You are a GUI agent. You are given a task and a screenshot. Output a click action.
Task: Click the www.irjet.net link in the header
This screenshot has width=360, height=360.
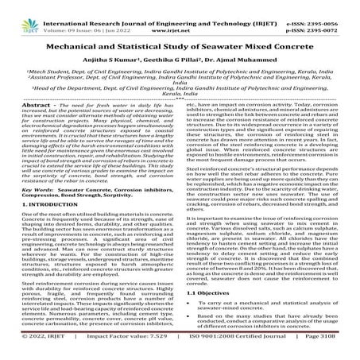pos(181,15)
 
